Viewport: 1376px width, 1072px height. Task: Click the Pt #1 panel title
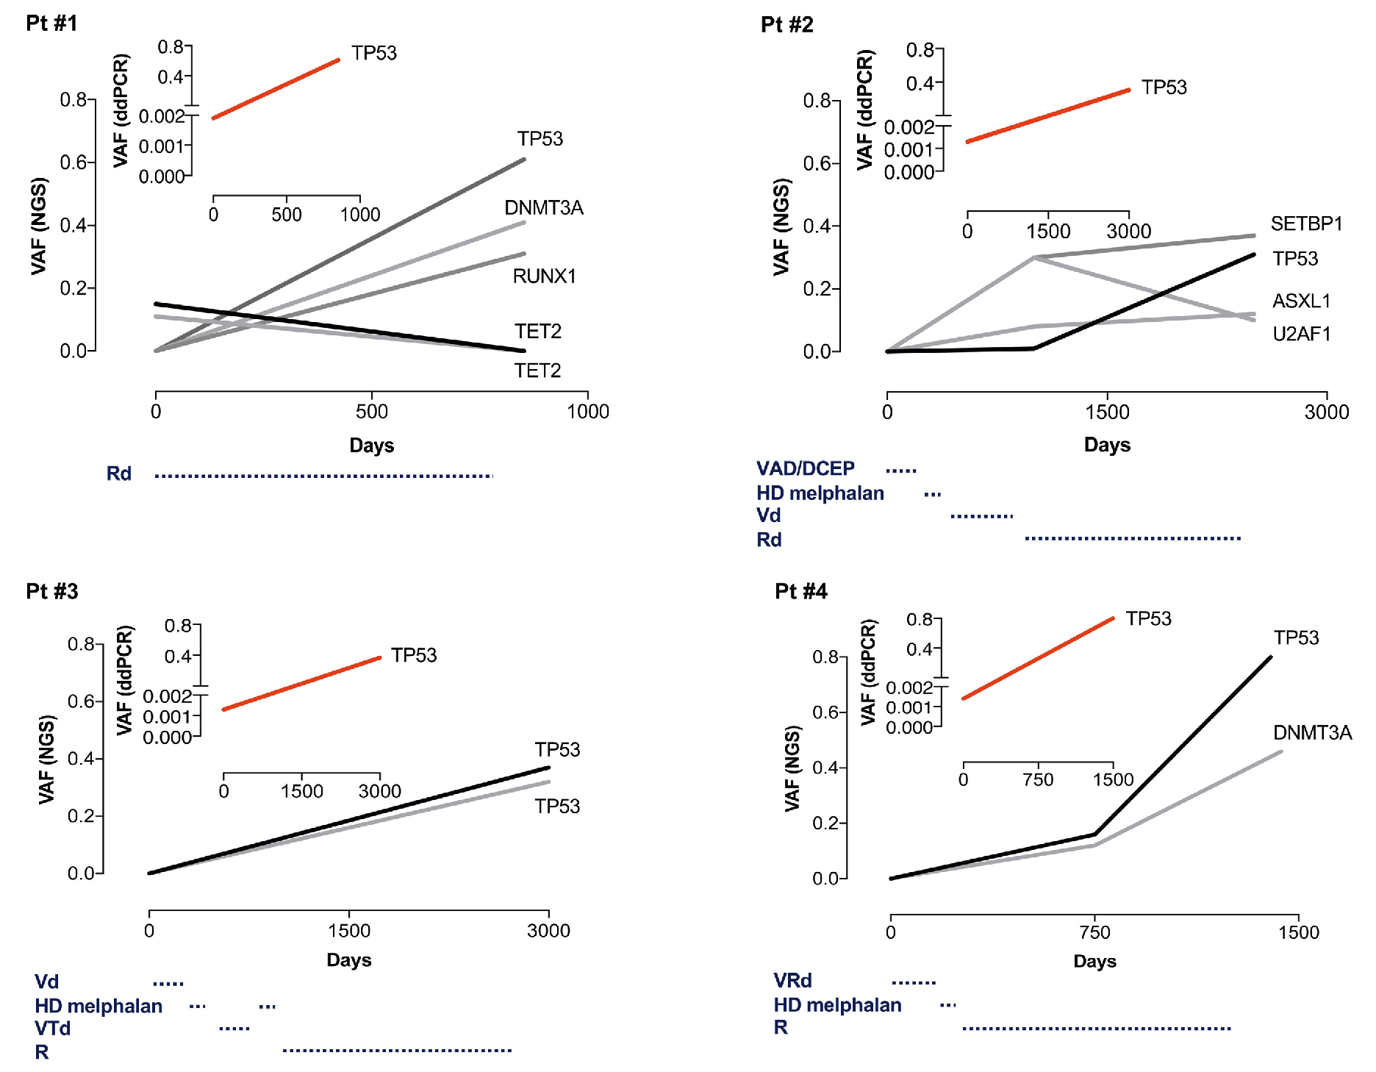point(51,24)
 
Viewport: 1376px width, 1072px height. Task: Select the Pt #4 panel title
point(800,591)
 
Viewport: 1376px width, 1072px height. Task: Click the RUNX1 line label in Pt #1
point(544,276)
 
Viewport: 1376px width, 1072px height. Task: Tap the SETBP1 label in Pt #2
point(1306,224)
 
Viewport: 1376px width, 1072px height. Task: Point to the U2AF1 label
point(1301,335)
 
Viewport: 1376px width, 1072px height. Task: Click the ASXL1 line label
point(1301,301)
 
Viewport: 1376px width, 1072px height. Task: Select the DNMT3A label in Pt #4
point(1312,732)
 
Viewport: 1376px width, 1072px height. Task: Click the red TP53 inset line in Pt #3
point(301,684)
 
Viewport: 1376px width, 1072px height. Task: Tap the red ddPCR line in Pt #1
point(276,89)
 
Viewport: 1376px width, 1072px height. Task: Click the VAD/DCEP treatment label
point(805,468)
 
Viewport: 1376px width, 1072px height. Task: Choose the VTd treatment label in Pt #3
point(52,1028)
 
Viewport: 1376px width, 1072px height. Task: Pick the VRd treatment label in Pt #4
point(792,981)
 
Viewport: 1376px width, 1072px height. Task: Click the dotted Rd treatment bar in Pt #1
point(323,476)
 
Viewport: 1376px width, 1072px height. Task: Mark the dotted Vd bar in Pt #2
point(981,517)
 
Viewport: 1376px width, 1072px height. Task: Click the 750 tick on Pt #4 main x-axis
point(1094,932)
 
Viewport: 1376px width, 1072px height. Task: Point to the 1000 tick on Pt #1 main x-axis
point(587,412)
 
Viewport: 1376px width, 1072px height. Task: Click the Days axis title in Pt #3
point(348,960)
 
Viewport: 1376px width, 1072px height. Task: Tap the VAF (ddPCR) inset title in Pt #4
point(868,672)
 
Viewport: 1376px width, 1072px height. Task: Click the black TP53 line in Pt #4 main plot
point(1183,746)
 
